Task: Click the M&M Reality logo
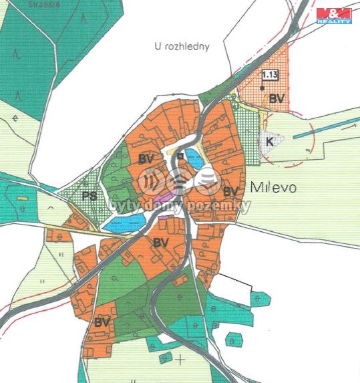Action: tap(333, 15)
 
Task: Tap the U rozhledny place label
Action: tap(182, 46)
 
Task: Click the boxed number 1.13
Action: tap(271, 75)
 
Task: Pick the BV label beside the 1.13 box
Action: tap(277, 99)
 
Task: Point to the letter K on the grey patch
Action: tap(270, 142)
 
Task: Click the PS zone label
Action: tap(89, 197)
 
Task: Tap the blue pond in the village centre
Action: tap(194, 159)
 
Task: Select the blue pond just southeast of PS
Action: tap(123, 224)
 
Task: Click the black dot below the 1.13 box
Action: tap(262, 88)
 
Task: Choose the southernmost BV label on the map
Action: tap(102, 322)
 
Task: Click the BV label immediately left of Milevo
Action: tap(231, 192)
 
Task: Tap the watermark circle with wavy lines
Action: tap(152, 180)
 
